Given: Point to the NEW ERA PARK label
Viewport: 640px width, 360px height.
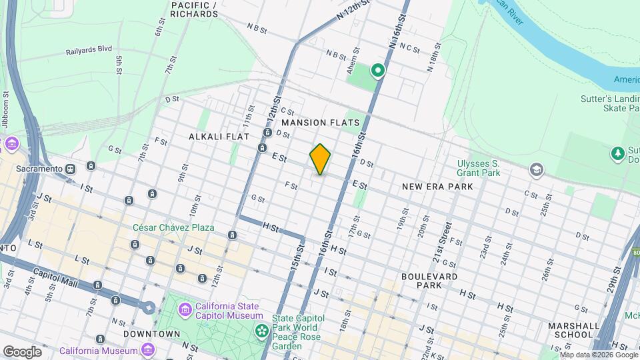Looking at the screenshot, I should [437, 187].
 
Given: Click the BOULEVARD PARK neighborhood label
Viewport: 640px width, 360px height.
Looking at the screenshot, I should [429, 281].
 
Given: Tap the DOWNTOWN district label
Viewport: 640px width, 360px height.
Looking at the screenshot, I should [152, 333].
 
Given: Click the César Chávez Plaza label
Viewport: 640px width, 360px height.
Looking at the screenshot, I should [173, 227].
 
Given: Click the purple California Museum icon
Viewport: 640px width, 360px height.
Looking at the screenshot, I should [148, 349].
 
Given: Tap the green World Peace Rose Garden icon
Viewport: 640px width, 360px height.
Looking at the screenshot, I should [262, 330].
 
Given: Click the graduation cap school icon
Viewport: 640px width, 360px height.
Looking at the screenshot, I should [535, 169].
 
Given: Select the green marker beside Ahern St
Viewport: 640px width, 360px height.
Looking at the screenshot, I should [378, 70].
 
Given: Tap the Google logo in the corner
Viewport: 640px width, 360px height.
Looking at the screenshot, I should [23, 351].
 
